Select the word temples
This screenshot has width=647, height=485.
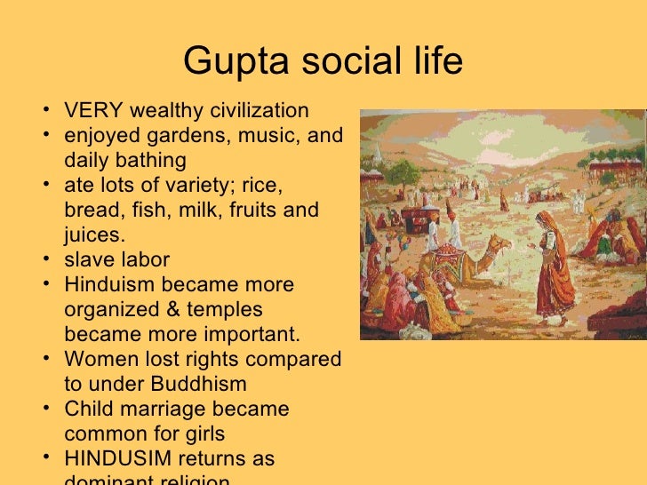[x=230, y=310]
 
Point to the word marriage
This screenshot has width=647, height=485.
[x=158, y=409]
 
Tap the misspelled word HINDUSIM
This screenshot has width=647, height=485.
[x=120, y=459]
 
